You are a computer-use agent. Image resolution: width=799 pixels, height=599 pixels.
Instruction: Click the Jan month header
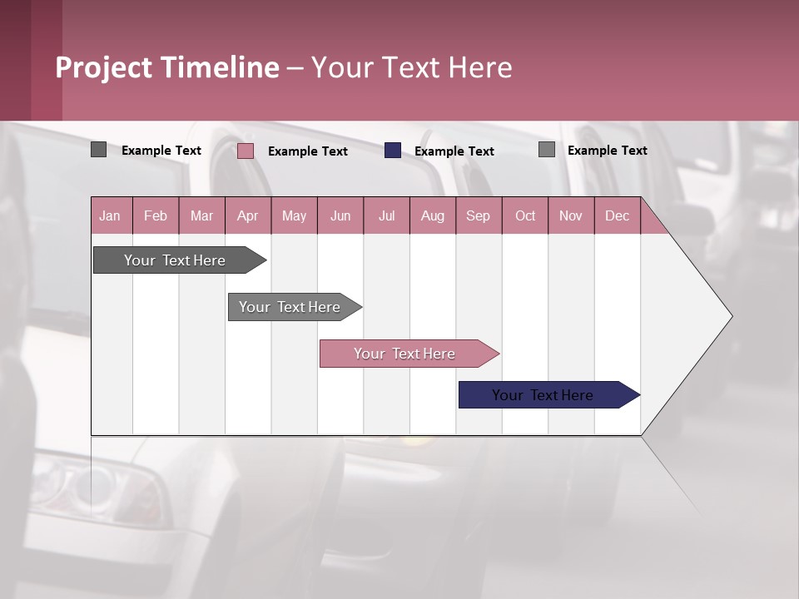click(111, 215)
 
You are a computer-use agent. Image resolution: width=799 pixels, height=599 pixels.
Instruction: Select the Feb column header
click(156, 215)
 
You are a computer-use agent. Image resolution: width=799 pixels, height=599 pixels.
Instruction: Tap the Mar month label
click(201, 215)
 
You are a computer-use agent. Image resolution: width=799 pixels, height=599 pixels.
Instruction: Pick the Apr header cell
click(248, 215)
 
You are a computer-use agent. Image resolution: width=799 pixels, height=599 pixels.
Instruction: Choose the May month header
click(294, 215)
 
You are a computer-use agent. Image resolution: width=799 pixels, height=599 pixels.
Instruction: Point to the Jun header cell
click(340, 215)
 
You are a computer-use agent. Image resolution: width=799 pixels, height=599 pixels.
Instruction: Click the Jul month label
click(386, 215)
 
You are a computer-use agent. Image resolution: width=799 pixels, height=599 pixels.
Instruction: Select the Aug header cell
click(433, 215)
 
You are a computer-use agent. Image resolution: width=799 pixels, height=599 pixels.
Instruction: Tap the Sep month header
click(479, 215)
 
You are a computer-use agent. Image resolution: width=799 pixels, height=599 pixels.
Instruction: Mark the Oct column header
click(525, 215)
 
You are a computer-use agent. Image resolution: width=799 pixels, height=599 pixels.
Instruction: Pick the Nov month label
click(571, 215)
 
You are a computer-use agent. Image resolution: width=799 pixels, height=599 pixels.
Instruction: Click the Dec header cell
click(618, 215)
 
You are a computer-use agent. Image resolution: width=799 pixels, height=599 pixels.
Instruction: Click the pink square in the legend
click(246, 151)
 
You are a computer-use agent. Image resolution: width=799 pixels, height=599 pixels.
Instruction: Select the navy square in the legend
click(393, 151)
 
